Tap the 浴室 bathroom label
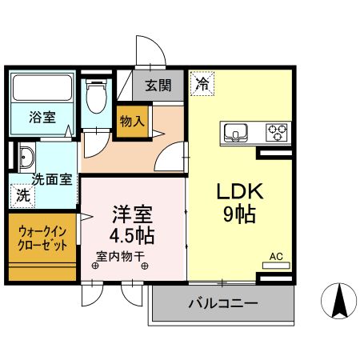[x=43, y=117]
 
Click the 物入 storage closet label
[x=133, y=122]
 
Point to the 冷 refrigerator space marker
[x=202, y=83]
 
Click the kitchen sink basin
[x=238, y=132]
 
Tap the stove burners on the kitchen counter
[x=277, y=131]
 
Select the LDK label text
[x=237, y=193]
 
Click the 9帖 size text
[x=237, y=214]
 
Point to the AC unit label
[x=276, y=257]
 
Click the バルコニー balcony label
[x=223, y=304]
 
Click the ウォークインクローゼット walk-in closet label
[x=43, y=237]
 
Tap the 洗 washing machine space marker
[x=23, y=194]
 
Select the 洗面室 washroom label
[x=51, y=179]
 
